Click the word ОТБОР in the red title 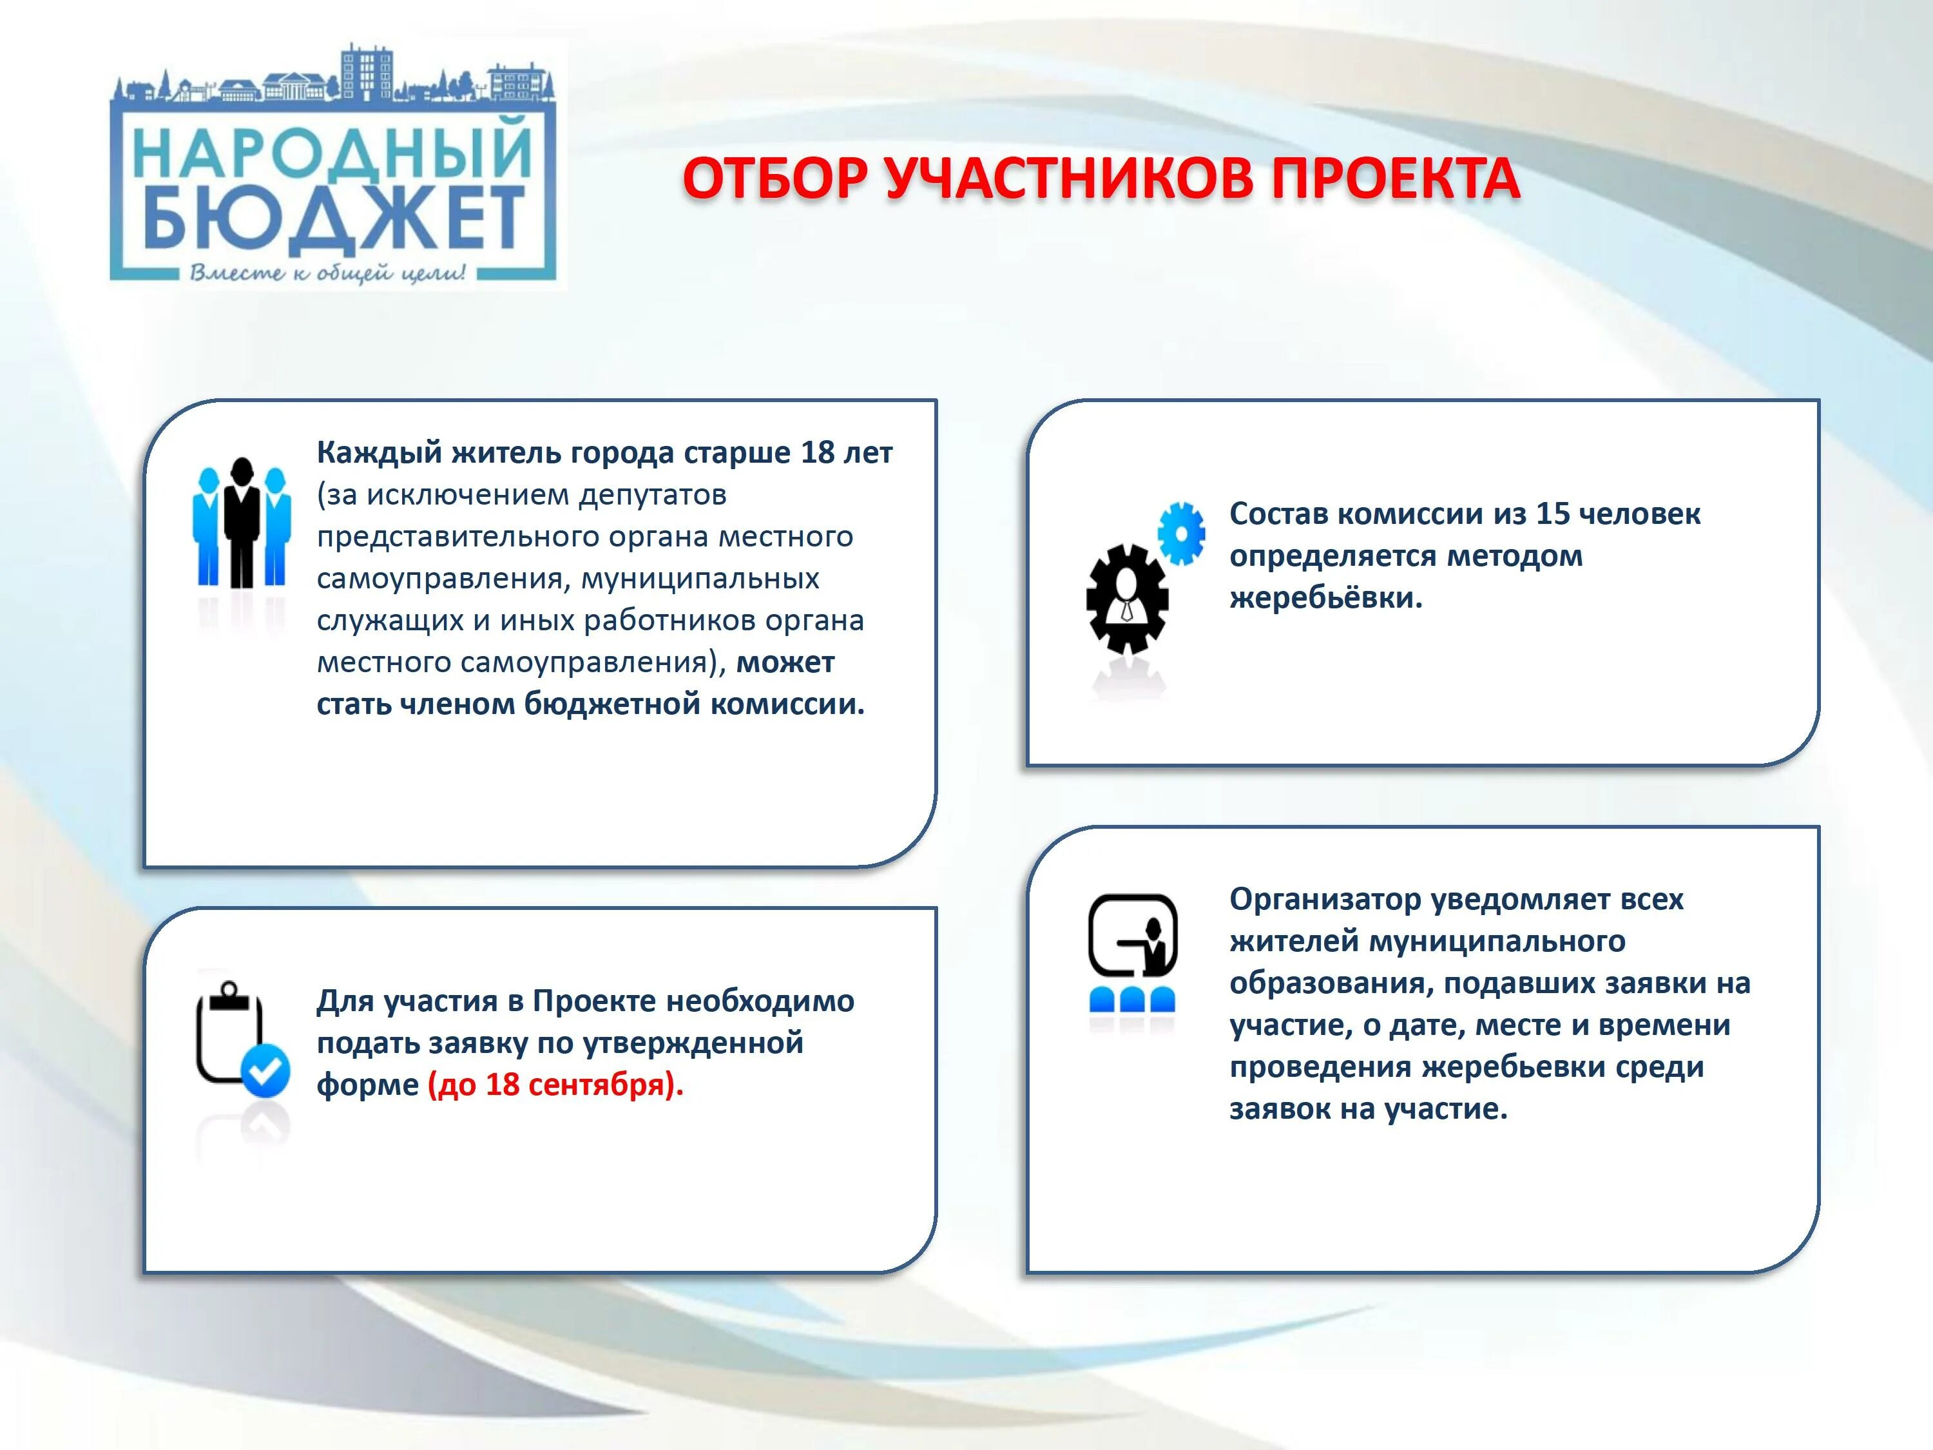775,179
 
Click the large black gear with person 1128,599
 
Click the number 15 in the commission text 1552,514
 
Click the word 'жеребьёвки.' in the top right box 1325,598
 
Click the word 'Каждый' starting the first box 378,453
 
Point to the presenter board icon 1133,935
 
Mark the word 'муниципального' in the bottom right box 1496,942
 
